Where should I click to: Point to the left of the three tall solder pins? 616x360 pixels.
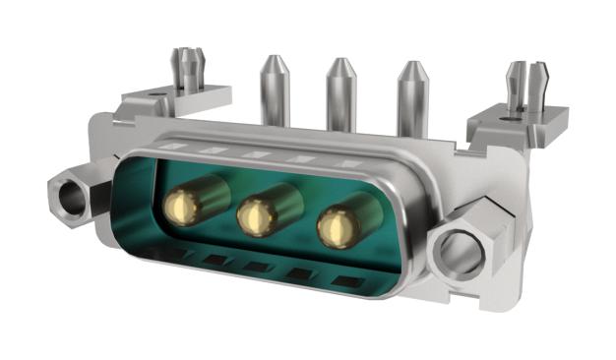[x=274, y=93]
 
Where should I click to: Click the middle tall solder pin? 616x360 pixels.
[x=340, y=95]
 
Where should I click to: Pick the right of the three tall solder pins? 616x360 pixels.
[x=411, y=98]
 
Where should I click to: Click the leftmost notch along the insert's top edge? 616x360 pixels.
[x=176, y=148]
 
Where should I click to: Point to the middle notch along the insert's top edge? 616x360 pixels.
[x=256, y=154]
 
